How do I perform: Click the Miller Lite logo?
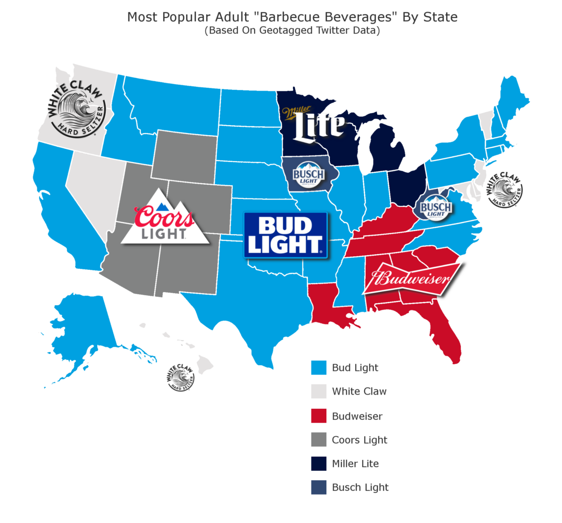click(314, 124)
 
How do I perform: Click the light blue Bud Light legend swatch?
click(318, 368)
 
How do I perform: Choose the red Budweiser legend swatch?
click(318, 416)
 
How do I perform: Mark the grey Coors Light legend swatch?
click(318, 440)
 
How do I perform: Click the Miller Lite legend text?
click(355, 464)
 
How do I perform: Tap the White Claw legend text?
click(359, 391)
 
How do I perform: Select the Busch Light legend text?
click(360, 488)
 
